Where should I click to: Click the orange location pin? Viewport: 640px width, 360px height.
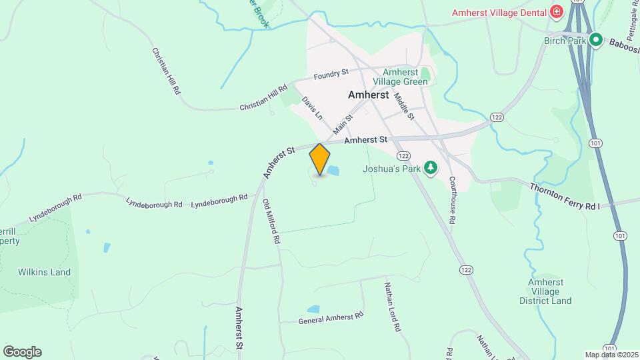[x=320, y=159]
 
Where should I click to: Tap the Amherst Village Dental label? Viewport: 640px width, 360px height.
[x=499, y=12]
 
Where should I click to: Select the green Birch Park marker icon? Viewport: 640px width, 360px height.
[x=597, y=41]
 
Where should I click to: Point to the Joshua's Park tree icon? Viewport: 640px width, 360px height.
[x=431, y=168]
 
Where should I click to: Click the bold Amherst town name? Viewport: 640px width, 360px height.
[x=368, y=95]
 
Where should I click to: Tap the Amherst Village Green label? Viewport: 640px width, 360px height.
[x=405, y=77]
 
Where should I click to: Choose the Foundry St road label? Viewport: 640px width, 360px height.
[x=331, y=73]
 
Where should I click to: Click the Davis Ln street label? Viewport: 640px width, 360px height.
[x=311, y=107]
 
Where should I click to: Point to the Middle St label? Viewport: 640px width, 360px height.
[x=404, y=106]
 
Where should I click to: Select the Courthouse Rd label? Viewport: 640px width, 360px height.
[x=451, y=199]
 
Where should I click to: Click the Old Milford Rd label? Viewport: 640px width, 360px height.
[x=271, y=221]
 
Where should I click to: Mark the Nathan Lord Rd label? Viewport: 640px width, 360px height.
[x=391, y=306]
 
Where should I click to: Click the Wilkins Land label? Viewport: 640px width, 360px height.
[x=44, y=272]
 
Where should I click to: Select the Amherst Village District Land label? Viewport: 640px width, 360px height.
[x=549, y=291]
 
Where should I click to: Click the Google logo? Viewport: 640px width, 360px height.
[x=22, y=351]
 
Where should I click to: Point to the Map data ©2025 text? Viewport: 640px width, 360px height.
[x=610, y=355]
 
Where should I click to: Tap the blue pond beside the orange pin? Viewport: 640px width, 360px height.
[x=332, y=171]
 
